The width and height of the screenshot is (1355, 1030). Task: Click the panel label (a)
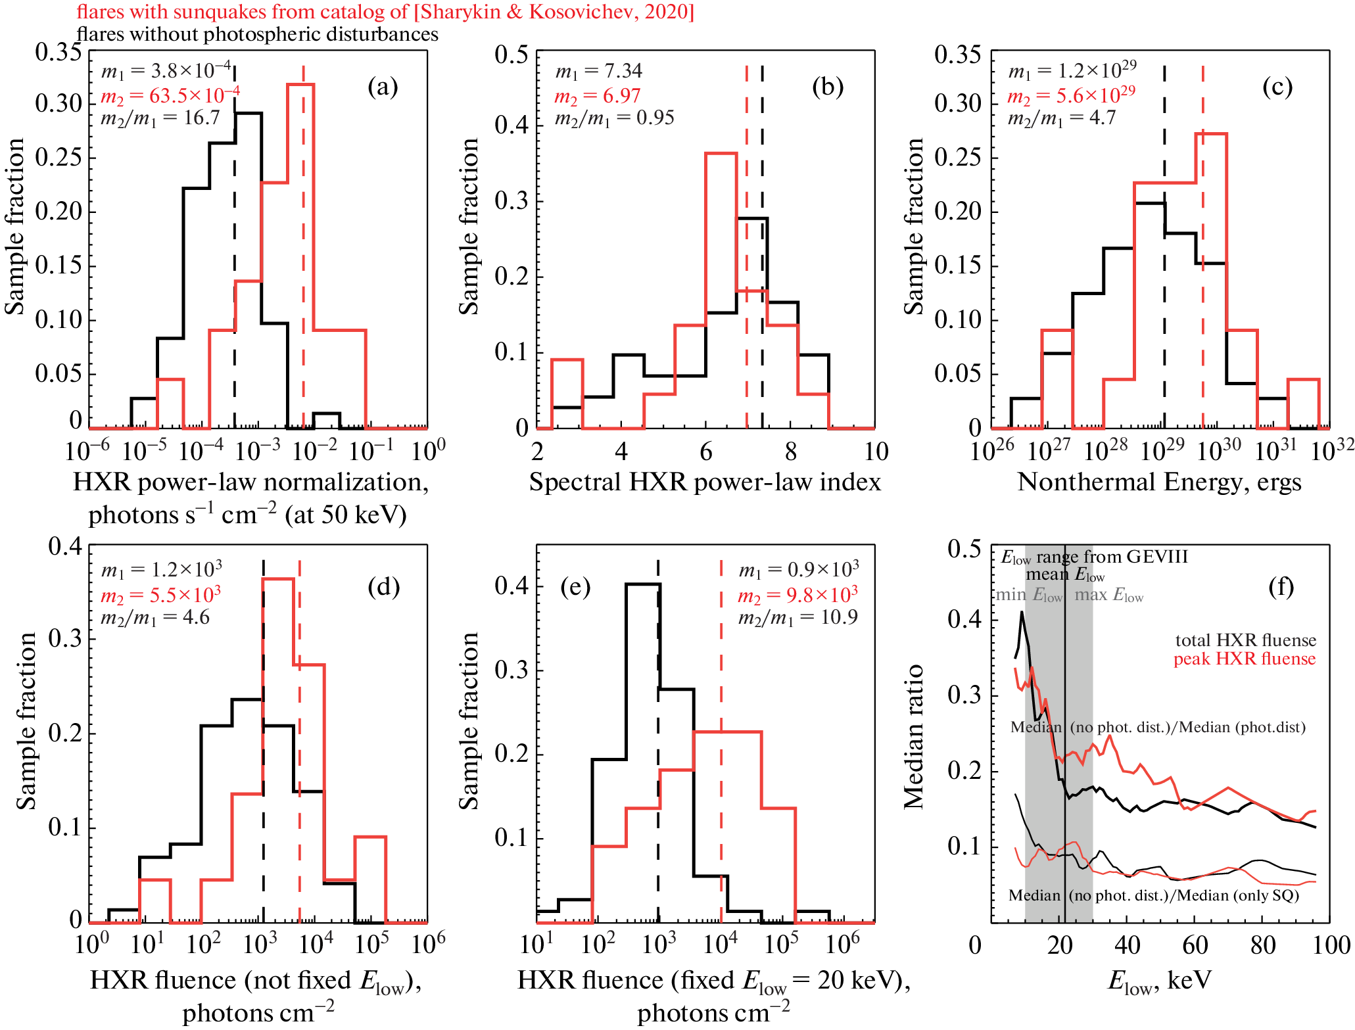[383, 87]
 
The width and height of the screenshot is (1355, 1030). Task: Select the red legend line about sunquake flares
[385, 12]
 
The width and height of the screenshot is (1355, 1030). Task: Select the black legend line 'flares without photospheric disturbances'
[257, 34]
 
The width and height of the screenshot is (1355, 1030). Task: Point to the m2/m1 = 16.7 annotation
[160, 118]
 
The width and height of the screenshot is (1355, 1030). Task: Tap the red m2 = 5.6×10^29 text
[1071, 95]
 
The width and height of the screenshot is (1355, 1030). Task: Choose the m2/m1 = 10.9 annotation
[797, 618]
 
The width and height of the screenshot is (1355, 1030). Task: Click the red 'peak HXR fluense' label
[1245, 659]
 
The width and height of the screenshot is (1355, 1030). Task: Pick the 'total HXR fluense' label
[1245, 640]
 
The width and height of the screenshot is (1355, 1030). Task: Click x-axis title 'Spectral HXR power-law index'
[705, 482]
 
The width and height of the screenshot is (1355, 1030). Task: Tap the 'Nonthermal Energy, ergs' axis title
[1159, 482]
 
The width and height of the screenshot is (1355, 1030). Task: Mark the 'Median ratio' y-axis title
[914, 736]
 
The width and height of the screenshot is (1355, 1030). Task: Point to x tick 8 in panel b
[790, 452]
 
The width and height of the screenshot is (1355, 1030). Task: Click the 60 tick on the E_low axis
[1195, 945]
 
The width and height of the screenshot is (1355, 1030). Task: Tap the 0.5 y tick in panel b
[511, 55]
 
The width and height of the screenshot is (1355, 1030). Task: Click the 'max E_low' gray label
[1109, 596]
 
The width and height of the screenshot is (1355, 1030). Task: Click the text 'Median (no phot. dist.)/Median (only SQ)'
[1154, 895]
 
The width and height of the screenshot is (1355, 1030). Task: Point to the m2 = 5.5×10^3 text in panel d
[160, 595]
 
